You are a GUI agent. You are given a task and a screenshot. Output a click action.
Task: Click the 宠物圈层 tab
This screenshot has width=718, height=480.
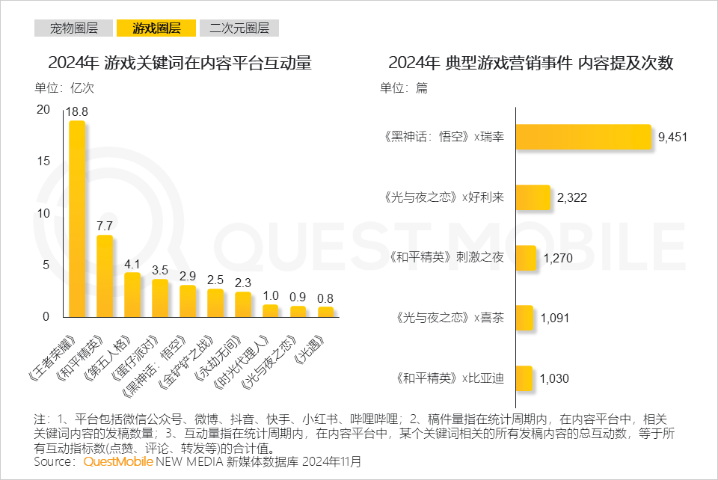pos(74,29)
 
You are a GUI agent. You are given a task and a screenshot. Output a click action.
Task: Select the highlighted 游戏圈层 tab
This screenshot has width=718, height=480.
pos(156,29)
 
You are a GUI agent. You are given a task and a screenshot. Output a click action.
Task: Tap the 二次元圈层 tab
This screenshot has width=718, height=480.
pos(239,29)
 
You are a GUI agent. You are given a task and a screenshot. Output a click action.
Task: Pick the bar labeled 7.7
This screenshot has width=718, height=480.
pos(105,276)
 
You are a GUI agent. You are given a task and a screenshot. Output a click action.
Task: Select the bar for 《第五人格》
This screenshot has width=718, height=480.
pos(132,295)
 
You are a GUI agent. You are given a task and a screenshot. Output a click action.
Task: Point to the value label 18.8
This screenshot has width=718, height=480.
pos(76,111)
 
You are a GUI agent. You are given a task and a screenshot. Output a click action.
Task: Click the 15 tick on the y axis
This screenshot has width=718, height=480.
pos(44,161)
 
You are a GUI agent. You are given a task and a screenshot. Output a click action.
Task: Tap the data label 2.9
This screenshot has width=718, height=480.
pos(188,276)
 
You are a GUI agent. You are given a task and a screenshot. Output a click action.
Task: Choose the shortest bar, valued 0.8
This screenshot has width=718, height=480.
pos(325,312)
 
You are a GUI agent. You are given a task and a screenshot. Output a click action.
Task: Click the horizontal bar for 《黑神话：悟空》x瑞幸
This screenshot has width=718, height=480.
pos(584,137)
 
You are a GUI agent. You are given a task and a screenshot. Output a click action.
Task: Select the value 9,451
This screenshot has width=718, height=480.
pos(672,137)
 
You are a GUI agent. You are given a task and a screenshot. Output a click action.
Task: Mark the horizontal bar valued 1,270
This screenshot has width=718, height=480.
pos(527,258)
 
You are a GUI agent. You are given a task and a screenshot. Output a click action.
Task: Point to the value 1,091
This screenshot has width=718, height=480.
pos(554,319)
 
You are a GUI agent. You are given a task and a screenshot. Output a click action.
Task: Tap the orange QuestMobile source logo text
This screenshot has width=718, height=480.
pos(119,462)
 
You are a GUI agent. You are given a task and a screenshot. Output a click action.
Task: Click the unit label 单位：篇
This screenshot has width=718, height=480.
pos(404,87)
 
